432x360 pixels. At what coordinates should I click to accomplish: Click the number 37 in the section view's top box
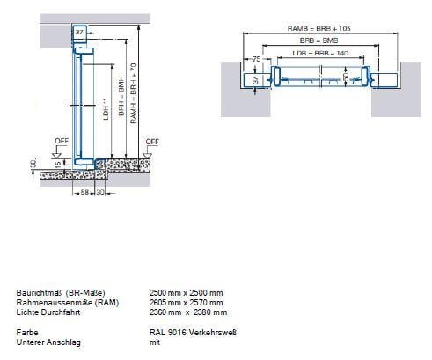click(x=79, y=32)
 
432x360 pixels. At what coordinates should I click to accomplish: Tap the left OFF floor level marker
click(x=61, y=140)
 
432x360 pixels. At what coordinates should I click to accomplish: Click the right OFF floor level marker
click(x=151, y=140)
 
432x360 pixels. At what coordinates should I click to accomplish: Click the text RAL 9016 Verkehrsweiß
click(x=194, y=331)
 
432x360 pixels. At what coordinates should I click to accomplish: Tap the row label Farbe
click(x=26, y=331)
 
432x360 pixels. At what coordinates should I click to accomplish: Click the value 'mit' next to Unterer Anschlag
click(x=155, y=342)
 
